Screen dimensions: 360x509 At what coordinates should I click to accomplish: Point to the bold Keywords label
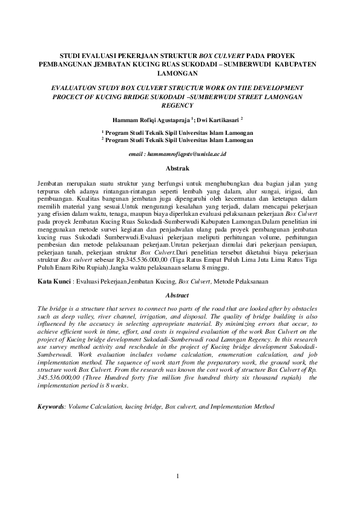click(x=51, y=407)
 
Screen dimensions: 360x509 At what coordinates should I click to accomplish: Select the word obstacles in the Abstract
click(x=309, y=308)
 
